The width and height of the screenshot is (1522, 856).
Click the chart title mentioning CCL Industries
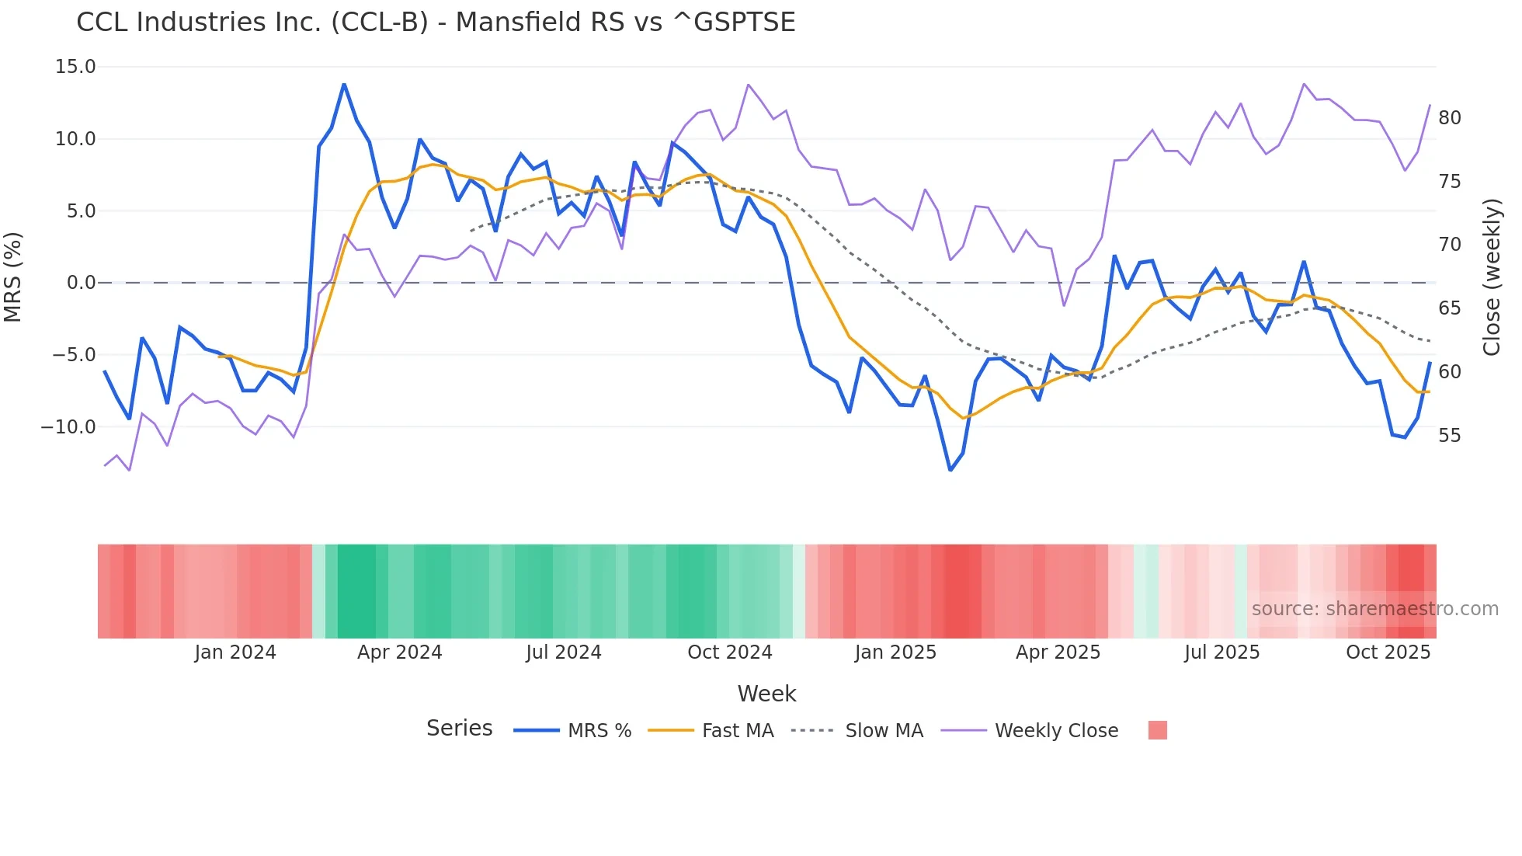click(436, 23)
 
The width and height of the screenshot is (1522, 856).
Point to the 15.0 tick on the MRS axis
click(75, 67)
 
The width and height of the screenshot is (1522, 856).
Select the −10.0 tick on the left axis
click(68, 427)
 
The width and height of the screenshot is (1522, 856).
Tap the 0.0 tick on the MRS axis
click(81, 283)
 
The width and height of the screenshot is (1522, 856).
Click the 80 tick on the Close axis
click(1449, 118)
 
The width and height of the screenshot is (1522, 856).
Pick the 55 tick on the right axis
click(1449, 436)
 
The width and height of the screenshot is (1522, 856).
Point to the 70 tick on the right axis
click(1449, 245)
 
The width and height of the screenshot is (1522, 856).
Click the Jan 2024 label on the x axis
click(235, 652)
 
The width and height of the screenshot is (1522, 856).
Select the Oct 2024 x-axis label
click(730, 652)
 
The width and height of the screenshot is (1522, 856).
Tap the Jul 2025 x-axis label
click(1221, 652)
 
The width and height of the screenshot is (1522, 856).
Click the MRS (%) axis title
click(12, 277)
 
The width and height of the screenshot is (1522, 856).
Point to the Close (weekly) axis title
click(1492, 277)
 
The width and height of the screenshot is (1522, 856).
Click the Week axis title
click(766, 694)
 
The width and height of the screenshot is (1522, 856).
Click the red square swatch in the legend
click(1157, 730)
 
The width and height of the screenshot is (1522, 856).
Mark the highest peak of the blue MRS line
click(344, 85)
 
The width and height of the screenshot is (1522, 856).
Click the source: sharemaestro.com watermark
click(1374, 609)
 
